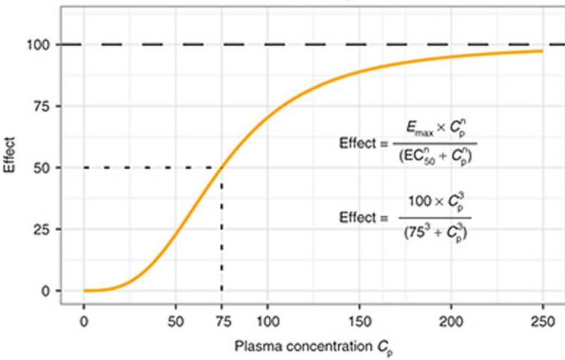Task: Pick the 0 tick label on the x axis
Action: [84, 318]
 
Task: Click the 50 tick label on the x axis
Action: [175, 318]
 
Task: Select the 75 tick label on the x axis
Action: [222, 318]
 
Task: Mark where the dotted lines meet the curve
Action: [222, 168]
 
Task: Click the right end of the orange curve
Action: [542, 51]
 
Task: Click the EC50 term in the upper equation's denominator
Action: [413, 159]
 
